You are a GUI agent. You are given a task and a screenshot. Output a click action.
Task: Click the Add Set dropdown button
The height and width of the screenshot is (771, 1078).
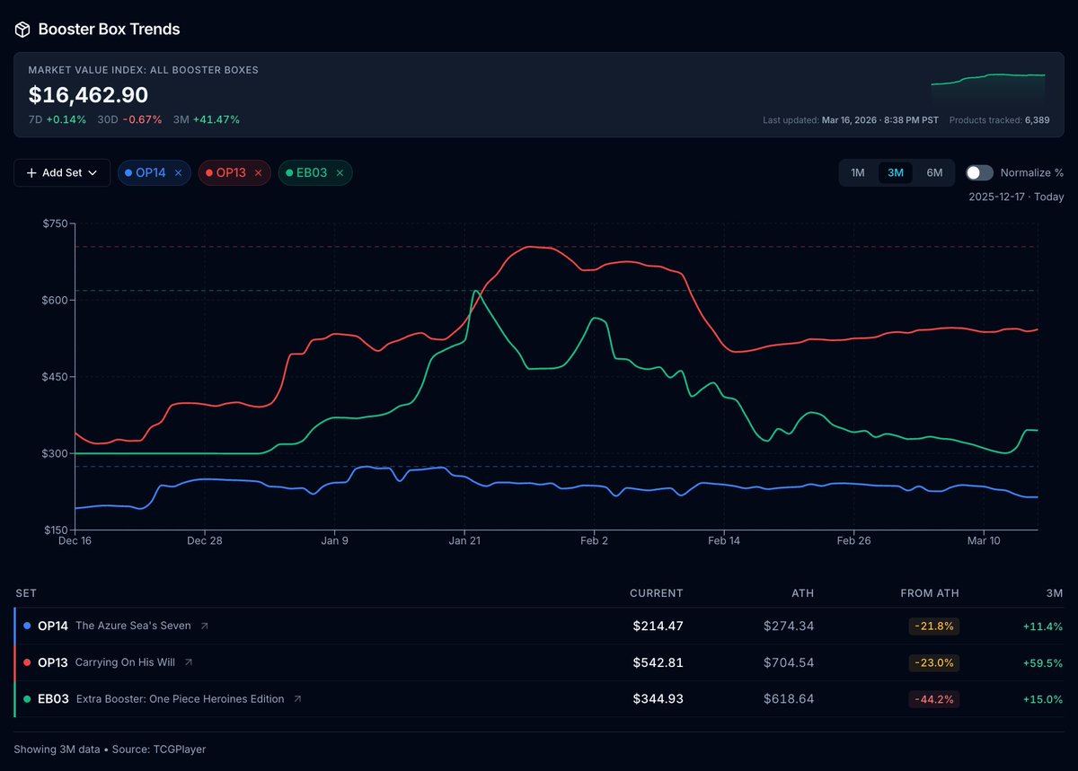click(x=62, y=172)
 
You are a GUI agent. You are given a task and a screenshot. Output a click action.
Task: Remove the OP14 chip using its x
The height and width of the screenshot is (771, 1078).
click(x=178, y=172)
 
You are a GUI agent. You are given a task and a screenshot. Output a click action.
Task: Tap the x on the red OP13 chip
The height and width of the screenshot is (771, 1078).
click(x=259, y=172)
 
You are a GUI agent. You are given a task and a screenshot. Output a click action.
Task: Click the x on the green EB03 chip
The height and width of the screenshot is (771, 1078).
click(x=340, y=172)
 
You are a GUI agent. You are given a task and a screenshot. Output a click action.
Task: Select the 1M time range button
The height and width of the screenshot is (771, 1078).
click(x=858, y=172)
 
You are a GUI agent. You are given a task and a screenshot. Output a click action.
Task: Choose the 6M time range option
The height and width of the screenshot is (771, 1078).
click(x=934, y=172)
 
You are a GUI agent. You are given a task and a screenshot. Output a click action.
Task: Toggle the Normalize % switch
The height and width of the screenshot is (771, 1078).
click(x=979, y=172)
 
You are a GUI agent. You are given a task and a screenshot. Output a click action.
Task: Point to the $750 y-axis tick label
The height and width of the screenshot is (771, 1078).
click(x=56, y=223)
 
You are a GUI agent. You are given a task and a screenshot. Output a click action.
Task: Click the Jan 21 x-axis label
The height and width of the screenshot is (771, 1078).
click(x=464, y=540)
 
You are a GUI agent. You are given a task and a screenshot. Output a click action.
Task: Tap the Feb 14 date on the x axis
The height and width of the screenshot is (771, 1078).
click(x=724, y=540)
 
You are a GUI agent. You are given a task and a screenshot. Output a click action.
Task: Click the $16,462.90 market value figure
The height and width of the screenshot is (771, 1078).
click(x=88, y=95)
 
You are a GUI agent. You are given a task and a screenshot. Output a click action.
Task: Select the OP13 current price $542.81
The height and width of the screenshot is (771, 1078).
click(x=658, y=662)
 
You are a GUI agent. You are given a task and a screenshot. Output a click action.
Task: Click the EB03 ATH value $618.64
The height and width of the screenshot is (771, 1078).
click(x=789, y=699)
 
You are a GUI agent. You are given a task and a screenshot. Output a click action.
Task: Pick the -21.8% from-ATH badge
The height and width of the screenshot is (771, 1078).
click(x=933, y=626)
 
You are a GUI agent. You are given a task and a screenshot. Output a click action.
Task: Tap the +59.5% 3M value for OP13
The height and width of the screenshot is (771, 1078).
click(x=1042, y=662)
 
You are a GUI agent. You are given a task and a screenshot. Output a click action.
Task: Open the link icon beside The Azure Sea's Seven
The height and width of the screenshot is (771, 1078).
click(x=204, y=626)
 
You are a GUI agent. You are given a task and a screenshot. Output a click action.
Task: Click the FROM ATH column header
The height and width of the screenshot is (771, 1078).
click(x=929, y=593)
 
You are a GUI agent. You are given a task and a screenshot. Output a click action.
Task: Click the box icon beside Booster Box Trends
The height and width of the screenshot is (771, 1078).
click(x=22, y=30)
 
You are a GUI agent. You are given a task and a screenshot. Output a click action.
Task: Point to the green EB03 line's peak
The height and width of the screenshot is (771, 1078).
click(x=475, y=291)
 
